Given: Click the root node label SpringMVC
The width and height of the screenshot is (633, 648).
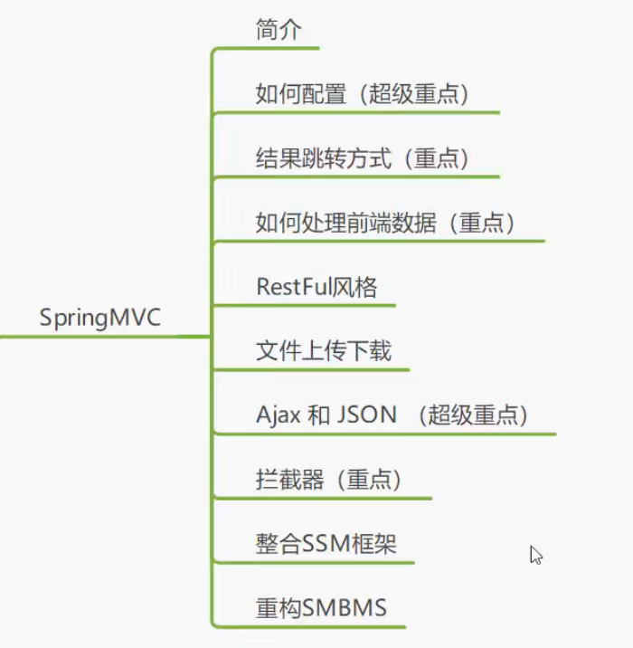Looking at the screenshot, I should pyautogui.click(x=100, y=319).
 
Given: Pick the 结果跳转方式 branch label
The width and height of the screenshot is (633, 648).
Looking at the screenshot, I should pyautogui.click(x=324, y=158).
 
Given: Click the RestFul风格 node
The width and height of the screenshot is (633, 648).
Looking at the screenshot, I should pyautogui.click(x=316, y=287).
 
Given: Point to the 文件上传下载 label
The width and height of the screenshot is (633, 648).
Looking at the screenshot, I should pyautogui.click(x=324, y=351).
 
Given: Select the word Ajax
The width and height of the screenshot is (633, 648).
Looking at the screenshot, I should pyautogui.click(x=278, y=415).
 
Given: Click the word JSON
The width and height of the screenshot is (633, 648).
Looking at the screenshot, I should pyautogui.click(x=366, y=415).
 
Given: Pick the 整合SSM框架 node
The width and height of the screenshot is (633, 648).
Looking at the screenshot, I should pyautogui.click(x=326, y=544).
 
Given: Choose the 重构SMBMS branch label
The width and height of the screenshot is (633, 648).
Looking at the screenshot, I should pyautogui.click(x=321, y=608).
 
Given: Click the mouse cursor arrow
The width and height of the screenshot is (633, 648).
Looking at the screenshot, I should pyautogui.click(x=535, y=555).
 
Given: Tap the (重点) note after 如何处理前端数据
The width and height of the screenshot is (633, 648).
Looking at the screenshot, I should pyautogui.click(x=482, y=223).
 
